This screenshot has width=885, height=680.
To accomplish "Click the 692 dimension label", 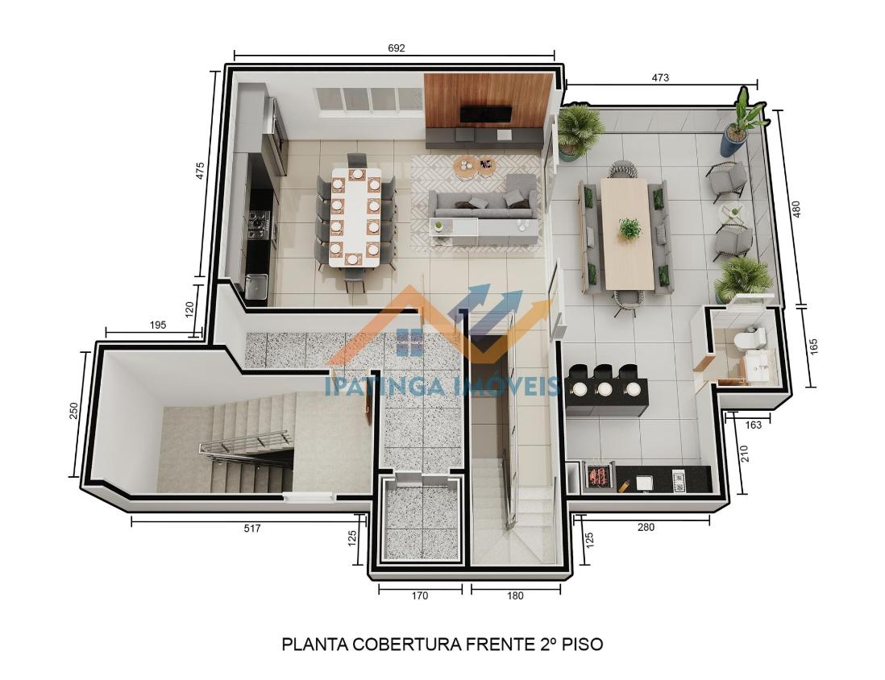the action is (397, 48).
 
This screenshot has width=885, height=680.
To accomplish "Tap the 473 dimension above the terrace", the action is (660, 77).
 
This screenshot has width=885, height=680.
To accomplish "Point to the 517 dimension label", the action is (251, 529).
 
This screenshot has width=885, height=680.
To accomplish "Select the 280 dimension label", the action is (646, 527).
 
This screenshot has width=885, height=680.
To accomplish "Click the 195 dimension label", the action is (157, 325).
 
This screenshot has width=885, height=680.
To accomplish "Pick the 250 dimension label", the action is (73, 411).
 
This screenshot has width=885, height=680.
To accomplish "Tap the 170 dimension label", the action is (420, 595).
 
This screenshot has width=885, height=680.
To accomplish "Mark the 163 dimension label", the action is (753, 425).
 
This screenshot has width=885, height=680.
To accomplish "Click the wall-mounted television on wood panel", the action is (485, 114).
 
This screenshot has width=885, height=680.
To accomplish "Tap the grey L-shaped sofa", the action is (484, 201).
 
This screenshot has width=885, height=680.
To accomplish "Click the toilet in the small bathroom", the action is (750, 338).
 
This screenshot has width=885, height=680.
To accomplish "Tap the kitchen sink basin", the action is (256, 285).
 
